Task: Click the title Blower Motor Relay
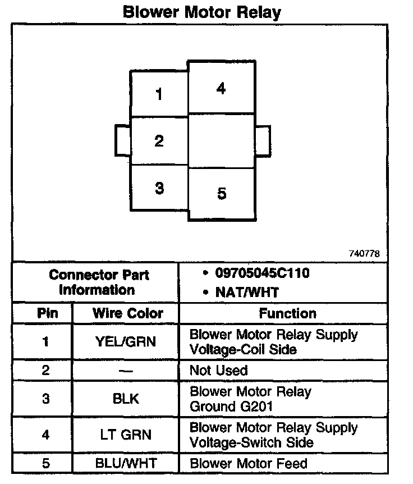(202, 12)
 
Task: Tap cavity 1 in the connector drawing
(159, 94)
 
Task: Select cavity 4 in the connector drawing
(221, 88)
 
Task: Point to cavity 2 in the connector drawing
(159, 141)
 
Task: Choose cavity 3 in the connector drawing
(159, 188)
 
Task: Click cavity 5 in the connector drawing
(221, 194)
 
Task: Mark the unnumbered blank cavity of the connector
(221, 140)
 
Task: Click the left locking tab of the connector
(123, 140)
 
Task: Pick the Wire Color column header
(127, 313)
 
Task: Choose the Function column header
(287, 313)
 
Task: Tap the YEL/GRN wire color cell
(126, 341)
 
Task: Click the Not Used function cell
(218, 371)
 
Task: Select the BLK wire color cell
(126, 399)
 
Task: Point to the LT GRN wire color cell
(126, 434)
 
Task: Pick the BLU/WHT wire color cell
(126, 464)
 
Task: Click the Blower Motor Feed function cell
(249, 464)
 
